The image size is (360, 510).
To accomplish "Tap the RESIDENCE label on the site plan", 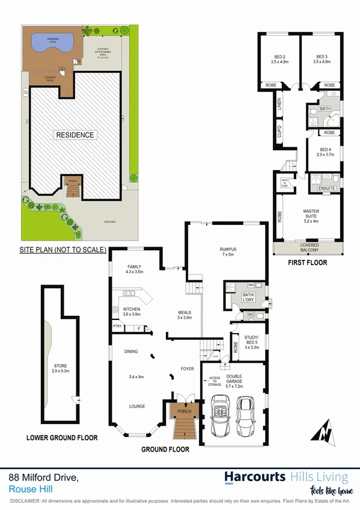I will (x=75, y=135).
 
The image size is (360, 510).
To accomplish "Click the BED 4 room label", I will (x=325, y=150).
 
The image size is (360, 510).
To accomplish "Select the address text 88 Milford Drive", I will (x=43, y=478).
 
